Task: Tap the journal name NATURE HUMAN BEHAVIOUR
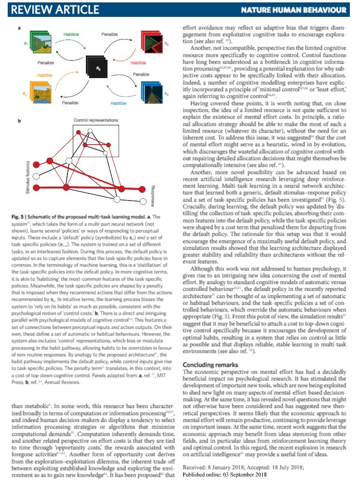[x=300, y=10]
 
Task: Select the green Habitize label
[x=73, y=35]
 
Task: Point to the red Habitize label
[x=141, y=63]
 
